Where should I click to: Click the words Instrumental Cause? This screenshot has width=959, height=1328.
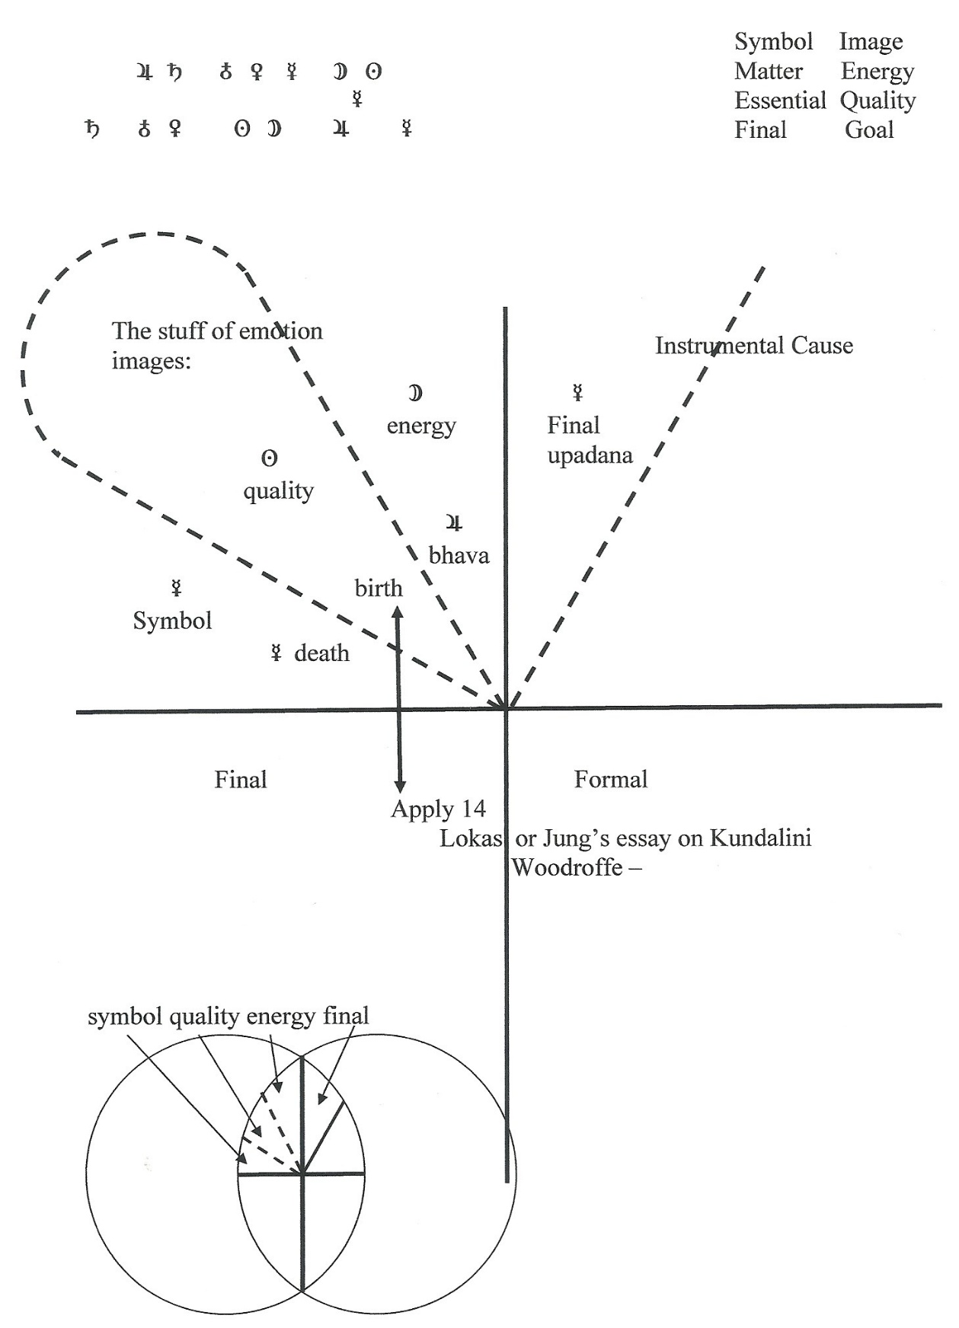click(x=754, y=346)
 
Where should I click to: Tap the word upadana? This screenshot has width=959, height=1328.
click(x=590, y=456)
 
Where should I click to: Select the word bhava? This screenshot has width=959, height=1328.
click(x=459, y=555)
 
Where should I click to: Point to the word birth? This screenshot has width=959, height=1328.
click(x=379, y=588)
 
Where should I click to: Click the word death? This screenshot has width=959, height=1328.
click(x=321, y=653)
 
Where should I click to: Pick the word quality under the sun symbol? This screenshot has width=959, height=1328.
click(x=279, y=492)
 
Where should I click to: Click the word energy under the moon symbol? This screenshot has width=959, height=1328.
click(x=421, y=426)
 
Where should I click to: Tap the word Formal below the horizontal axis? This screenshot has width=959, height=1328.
click(x=611, y=779)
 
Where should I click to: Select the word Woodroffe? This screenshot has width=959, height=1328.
click(x=567, y=867)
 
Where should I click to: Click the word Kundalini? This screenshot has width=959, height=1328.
click(x=761, y=838)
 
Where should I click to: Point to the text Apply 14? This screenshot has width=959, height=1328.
click(x=438, y=809)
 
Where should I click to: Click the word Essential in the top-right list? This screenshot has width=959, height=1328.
click(x=780, y=101)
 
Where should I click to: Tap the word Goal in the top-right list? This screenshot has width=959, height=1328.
click(x=869, y=129)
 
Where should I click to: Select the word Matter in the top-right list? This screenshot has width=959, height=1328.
click(x=769, y=71)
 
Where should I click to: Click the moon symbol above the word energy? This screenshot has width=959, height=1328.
click(x=415, y=393)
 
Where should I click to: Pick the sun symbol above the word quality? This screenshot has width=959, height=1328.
click(x=269, y=458)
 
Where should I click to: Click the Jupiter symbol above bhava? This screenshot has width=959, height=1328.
click(x=454, y=522)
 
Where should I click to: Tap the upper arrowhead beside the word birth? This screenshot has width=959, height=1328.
click(x=398, y=611)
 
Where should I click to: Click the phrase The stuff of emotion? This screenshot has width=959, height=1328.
click(x=217, y=330)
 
